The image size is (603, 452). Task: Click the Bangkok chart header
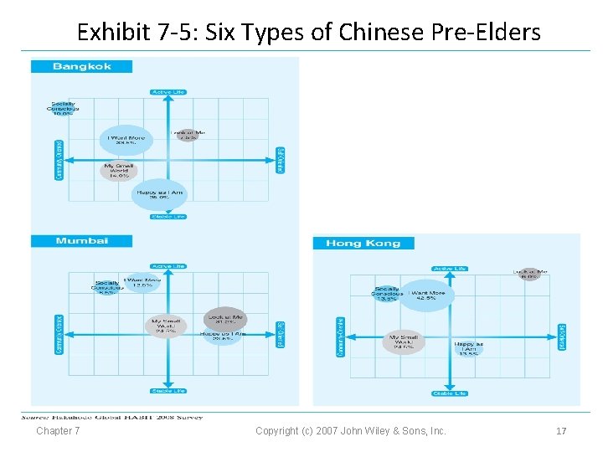click(82, 67)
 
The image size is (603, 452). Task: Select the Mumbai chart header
click(82, 241)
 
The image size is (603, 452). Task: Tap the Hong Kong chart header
click(363, 244)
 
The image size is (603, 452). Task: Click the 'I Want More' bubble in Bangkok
click(126, 140)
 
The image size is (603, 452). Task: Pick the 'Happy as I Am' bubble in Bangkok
click(159, 195)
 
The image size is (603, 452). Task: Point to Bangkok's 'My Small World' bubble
click(117, 172)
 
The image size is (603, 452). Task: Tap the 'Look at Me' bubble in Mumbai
click(224, 319)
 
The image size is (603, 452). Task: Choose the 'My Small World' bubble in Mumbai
click(166, 326)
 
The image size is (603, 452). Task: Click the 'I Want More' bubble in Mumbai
click(142, 283)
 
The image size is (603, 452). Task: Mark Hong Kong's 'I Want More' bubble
click(427, 295)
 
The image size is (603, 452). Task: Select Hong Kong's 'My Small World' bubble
click(404, 343)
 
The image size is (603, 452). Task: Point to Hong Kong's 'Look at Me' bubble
click(529, 274)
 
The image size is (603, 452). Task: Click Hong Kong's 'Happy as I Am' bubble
click(468, 349)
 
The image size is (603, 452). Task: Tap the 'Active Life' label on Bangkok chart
click(167, 91)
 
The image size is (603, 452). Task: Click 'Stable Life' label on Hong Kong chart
click(449, 393)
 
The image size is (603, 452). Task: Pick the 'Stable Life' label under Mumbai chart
click(167, 391)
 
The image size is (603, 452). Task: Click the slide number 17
click(561, 431)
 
